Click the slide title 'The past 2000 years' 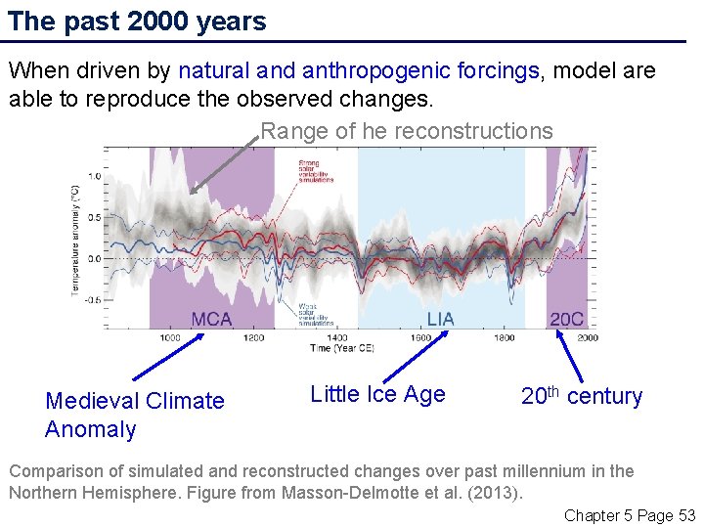(x=137, y=22)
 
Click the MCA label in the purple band (x=211, y=319)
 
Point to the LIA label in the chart (x=440, y=319)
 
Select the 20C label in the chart (x=567, y=319)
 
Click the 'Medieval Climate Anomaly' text (x=134, y=415)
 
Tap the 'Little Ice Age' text (x=377, y=394)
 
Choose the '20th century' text (x=581, y=396)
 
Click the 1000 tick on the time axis (x=170, y=337)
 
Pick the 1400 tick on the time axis (x=336, y=337)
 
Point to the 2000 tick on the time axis (x=587, y=337)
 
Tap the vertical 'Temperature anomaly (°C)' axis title (x=76, y=241)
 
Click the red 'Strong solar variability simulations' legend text (x=315, y=171)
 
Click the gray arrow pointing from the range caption (x=226, y=164)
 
